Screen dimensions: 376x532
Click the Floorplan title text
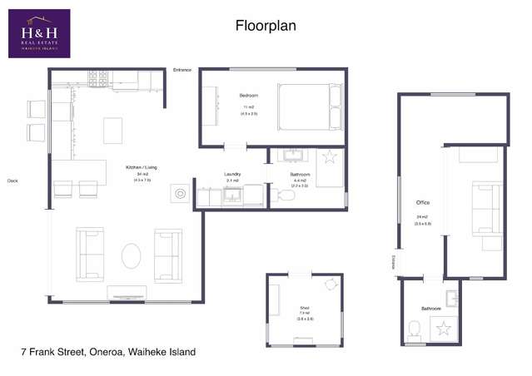(x=265, y=26)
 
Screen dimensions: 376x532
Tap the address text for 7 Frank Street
(x=108, y=352)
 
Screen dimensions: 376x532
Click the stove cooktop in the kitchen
(x=97, y=78)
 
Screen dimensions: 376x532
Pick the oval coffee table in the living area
(x=132, y=255)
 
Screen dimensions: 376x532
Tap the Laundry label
(x=232, y=175)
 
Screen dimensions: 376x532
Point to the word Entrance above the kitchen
(x=182, y=70)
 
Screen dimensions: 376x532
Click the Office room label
(x=422, y=202)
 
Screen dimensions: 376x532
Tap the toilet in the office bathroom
(x=415, y=328)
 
